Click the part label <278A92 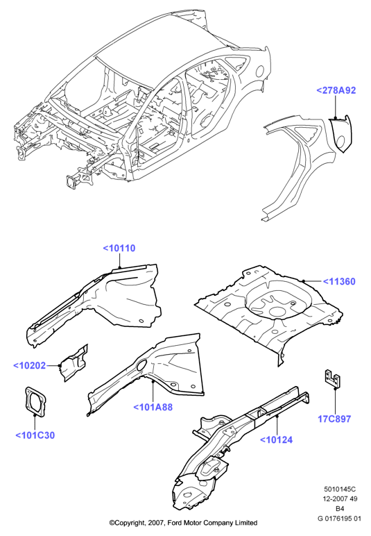tap(336, 90)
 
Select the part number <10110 tap(119, 248)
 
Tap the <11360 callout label tap(339, 281)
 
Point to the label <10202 tap(29, 365)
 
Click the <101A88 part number tap(153, 407)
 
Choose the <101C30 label tap(35, 435)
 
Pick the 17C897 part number tap(334, 419)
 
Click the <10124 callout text tap(277, 439)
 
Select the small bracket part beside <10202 tap(74, 363)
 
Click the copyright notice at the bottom tap(183, 523)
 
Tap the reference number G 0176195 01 tap(339, 518)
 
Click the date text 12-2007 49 tap(340, 499)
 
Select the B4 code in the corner tap(340, 508)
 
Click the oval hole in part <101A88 tap(141, 365)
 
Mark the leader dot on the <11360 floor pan tap(303, 280)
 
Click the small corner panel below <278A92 tap(340, 133)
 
